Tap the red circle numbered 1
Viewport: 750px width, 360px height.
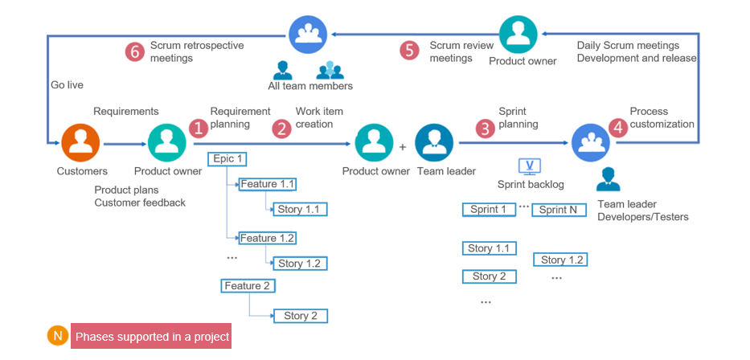click(x=198, y=128)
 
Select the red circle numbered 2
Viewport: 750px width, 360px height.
click(x=281, y=128)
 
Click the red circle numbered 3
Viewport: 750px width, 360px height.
click(x=485, y=128)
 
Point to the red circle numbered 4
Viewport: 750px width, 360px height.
click(x=617, y=128)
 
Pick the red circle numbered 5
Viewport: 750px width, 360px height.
click(x=410, y=51)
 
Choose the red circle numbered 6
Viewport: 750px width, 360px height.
click(x=134, y=51)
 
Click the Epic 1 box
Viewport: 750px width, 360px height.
click(x=227, y=158)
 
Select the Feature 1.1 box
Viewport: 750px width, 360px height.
click(x=268, y=184)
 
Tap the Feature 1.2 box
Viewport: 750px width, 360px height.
click(x=268, y=238)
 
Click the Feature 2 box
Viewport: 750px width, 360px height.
click(x=248, y=285)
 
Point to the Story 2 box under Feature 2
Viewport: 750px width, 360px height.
click(x=301, y=316)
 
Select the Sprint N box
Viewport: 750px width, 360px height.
click(x=558, y=210)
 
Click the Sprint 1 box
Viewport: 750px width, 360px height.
click(x=489, y=210)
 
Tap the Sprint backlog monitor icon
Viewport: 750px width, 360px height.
click(x=530, y=166)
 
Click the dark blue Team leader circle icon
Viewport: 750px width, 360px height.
click(x=436, y=144)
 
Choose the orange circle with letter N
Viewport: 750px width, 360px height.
click(x=57, y=336)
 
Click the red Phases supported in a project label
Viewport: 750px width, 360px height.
click(x=152, y=337)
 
